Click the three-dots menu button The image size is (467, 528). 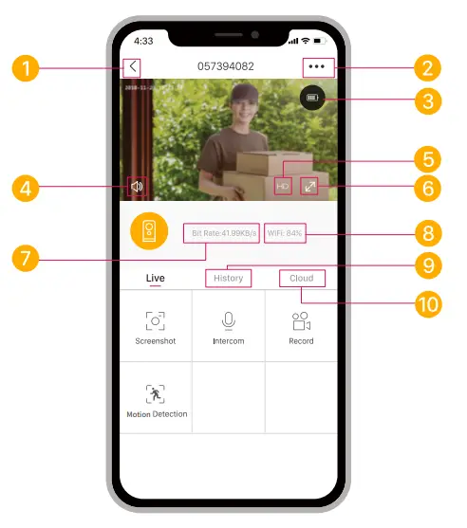[x=315, y=67]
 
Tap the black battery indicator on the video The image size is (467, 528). [x=312, y=99]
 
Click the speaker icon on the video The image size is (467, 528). [x=137, y=187]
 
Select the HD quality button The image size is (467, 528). [x=283, y=186]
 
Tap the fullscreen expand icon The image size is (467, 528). [x=309, y=186]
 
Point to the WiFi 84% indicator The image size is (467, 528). [x=285, y=232]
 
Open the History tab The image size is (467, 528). [x=228, y=278]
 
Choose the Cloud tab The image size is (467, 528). [x=301, y=278]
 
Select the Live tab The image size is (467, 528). [x=155, y=278]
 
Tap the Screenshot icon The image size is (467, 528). [x=155, y=320]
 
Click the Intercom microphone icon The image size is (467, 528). [x=228, y=320]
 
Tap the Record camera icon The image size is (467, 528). [x=301, y=320]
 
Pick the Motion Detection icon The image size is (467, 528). [x=155, y=393]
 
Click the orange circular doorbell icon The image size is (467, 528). [x=149, y=232]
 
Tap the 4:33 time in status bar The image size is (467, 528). [x=144, y=41]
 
